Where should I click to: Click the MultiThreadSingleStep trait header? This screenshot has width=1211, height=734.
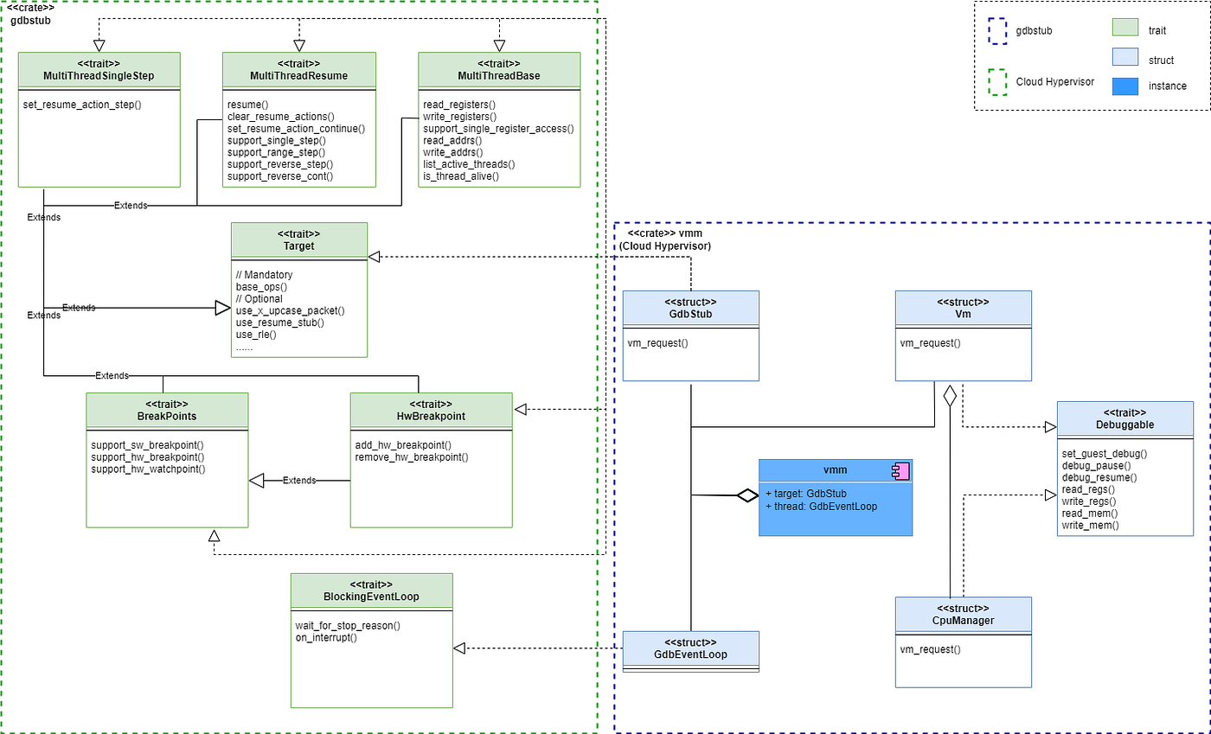[99, 70]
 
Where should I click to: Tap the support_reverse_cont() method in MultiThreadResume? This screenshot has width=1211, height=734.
[280, 176]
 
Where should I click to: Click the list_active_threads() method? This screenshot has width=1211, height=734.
[468, 164]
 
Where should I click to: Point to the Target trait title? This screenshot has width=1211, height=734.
[298, 246]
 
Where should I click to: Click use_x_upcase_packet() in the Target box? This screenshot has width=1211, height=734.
[290, 310]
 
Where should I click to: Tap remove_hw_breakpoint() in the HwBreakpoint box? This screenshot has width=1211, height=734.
[412, 456]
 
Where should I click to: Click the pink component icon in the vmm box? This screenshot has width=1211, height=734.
[900, 471]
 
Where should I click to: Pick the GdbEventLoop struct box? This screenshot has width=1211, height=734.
[690, 651]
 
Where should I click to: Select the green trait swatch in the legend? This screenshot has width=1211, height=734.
[1124, 29]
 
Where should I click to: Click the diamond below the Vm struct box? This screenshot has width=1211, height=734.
[950, 397]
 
